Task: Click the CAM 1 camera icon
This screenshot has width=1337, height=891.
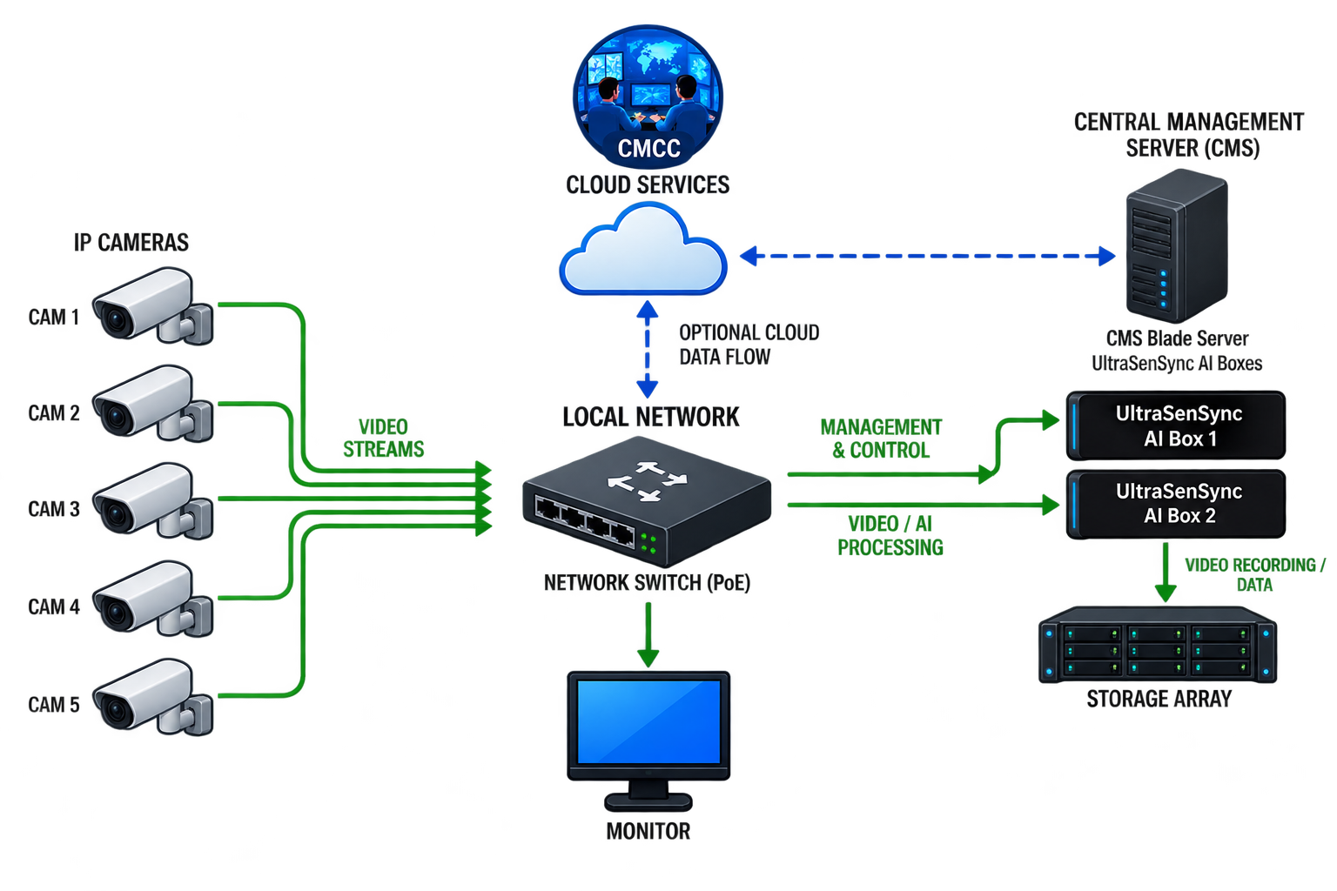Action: click(153, 305)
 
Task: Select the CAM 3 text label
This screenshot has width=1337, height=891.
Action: click(54, 509)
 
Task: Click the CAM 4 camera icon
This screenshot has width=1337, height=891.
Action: click(153, 599)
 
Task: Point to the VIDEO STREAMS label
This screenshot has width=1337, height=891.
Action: click(383, 438)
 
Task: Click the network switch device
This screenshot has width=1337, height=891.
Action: click(647, 501)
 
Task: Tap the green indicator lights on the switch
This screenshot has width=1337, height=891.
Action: click(648, 544)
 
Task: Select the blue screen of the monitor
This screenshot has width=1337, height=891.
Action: click(648, 721)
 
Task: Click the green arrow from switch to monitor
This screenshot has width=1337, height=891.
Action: click(648, 634)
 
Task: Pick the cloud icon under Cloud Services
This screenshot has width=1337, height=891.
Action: click(643, 250)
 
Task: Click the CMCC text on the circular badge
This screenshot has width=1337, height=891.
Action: click(648, 149)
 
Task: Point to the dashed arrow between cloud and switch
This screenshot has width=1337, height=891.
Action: click(648, 349)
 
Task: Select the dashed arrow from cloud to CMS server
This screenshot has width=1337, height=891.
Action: click(928, 256)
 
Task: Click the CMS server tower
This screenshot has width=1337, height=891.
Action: click(1177, 245)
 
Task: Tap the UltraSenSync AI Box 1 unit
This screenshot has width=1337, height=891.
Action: click(1176, 425)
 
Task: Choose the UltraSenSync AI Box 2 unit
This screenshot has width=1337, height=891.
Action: click(1176, 505)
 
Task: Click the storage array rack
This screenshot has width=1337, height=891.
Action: click(1158, 645)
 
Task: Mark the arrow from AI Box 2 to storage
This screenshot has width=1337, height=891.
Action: click(1166, 573)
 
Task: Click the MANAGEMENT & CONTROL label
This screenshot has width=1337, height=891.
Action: click(881, 439)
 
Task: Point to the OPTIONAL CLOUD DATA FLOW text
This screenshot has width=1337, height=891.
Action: click(749, 345)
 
